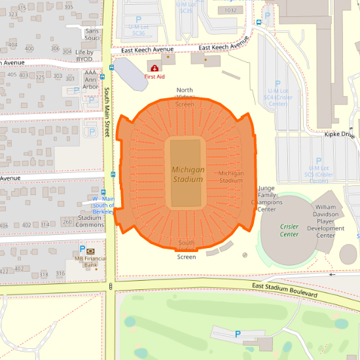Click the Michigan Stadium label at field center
[188, 173]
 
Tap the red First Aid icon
[154, 68]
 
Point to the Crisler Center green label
[289, 230]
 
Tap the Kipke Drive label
[340, 135]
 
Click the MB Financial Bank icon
[90, 251]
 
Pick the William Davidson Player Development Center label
[325, 221]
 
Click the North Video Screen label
[185, 97]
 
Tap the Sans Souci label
[92, 35]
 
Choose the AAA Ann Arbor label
[90, 79]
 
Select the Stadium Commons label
[90, 221]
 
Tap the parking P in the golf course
[238, 334]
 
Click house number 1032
[230, 10]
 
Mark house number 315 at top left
[22, 8]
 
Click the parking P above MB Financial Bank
[82, 249]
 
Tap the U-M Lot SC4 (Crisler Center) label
[278, 97]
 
